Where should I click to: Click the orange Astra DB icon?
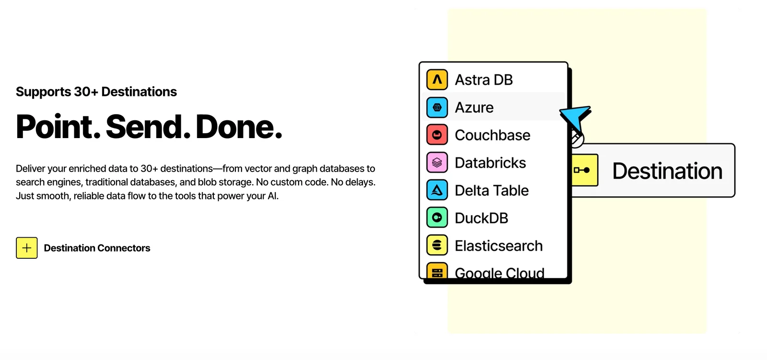tap(437, 80)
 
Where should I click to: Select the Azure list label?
tap(474, 107)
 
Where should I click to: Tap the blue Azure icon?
tap(437, 107)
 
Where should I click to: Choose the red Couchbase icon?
tap(437, 135)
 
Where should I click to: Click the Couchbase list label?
tap(492, 135)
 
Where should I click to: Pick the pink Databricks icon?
tap(437, 163)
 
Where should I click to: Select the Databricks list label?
tap(490, 163)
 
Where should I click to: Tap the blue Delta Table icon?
tap(437, 190)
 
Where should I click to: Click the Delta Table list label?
tap(491, 190)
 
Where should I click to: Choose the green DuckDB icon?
tap(437, 218)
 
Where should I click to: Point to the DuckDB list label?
tap(481, 218)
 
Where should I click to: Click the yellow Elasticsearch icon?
tap(437, 245)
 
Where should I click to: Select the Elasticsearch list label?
tap(499, 246)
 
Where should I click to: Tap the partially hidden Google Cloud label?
tap(500, 273)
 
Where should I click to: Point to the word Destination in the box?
tap(667, 171)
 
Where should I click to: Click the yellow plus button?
tap(27, 248)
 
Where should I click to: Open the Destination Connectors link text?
tap(97, 248)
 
